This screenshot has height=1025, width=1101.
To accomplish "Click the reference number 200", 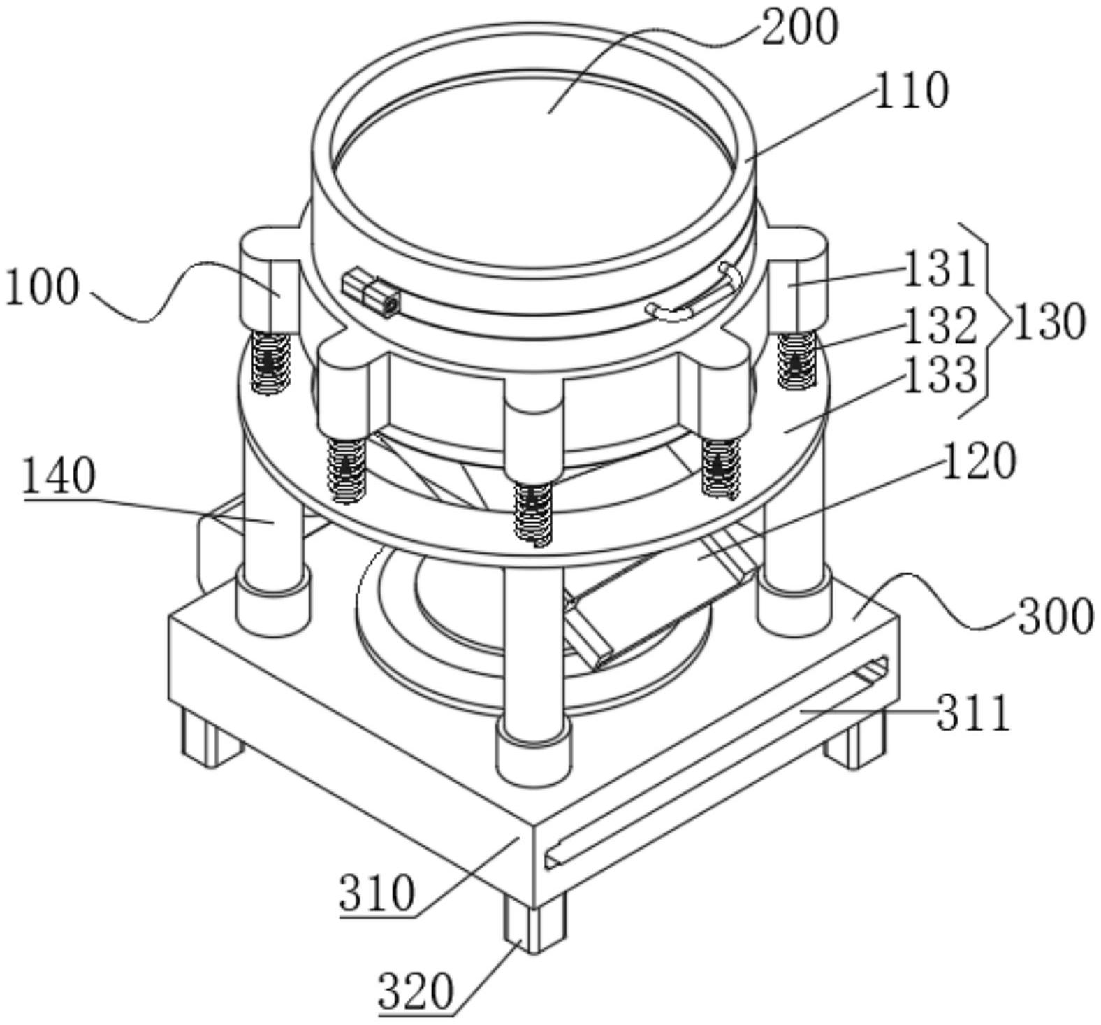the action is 799,29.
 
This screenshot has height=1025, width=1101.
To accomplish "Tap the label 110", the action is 911,91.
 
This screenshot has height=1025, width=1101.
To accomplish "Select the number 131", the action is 939,269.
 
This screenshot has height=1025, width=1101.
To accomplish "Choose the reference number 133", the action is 940,375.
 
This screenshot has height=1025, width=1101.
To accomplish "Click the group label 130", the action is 1049,322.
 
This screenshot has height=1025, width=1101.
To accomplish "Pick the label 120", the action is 978,461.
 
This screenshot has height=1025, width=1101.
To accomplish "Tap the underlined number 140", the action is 59,477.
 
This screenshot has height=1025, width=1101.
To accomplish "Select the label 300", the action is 1056,617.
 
